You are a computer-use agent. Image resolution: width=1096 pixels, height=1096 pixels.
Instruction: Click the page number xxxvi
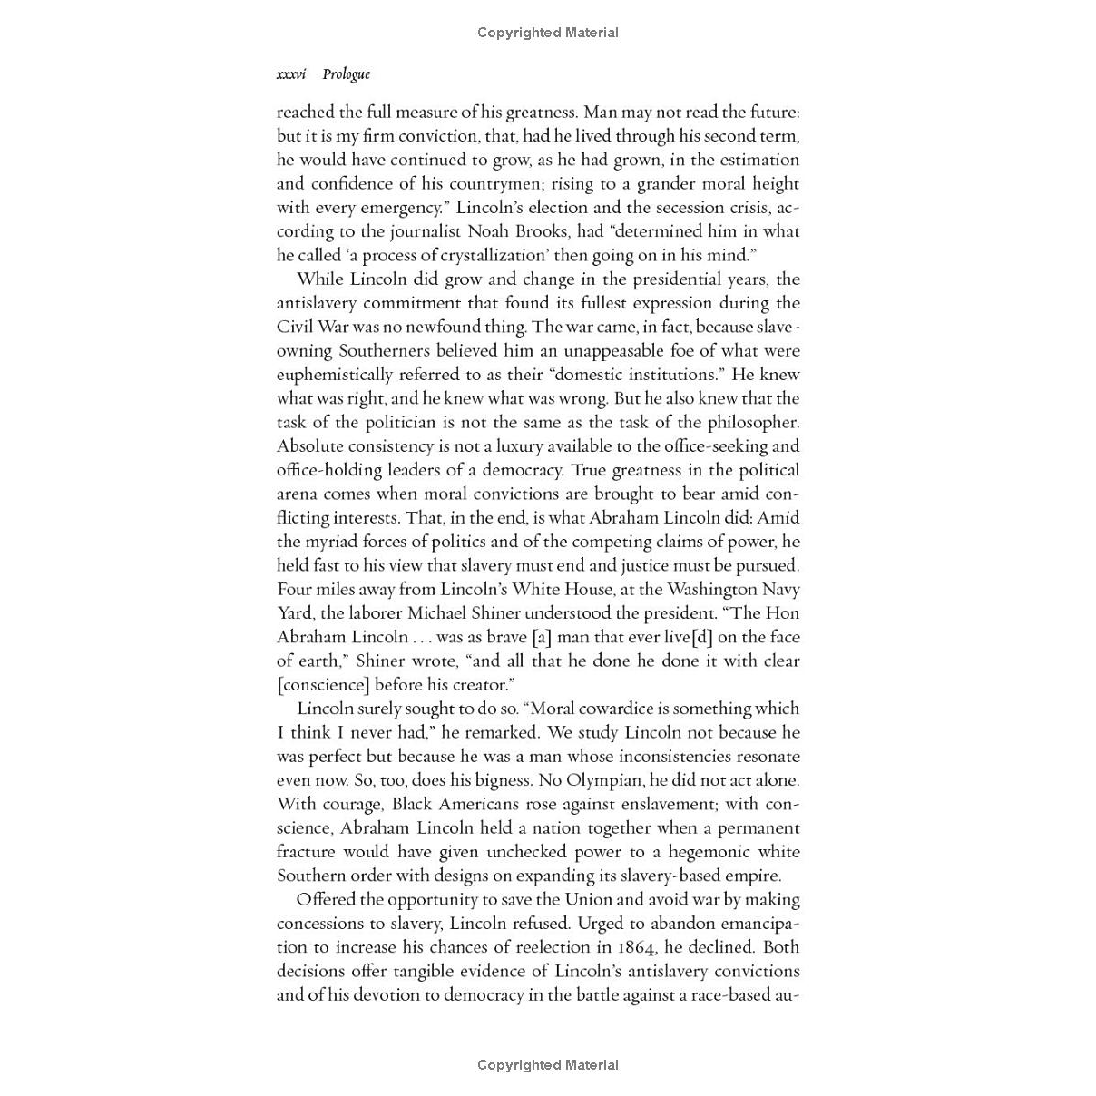click(x=291, y=74)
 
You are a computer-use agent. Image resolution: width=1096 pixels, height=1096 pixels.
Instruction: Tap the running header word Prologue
click(x=346, y=74)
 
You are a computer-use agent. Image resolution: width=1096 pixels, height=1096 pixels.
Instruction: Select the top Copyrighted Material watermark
click(x=548, y=33)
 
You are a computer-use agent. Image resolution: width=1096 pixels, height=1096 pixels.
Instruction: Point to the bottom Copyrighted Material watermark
click(x=548, y=1064)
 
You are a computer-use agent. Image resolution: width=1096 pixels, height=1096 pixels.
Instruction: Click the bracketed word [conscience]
click(x=323, y=685)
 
